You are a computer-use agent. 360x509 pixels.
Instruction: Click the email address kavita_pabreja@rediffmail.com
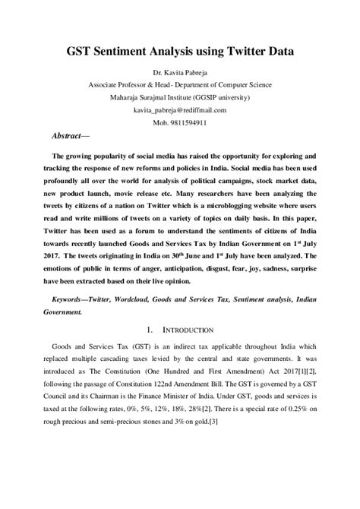180,109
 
